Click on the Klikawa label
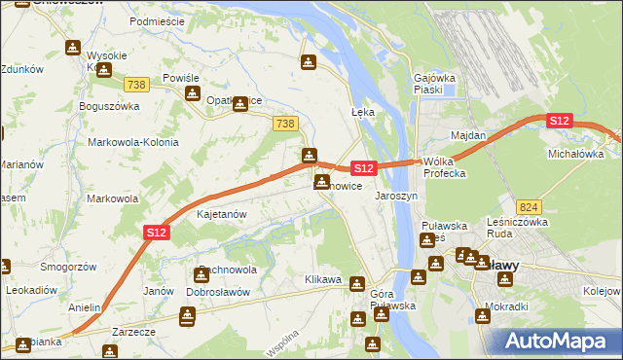[323, 279]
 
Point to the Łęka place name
[362, 112]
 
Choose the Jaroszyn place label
[396, 195]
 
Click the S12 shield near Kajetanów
[157, 232]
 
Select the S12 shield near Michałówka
[558, 121]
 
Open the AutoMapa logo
[560, 341]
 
